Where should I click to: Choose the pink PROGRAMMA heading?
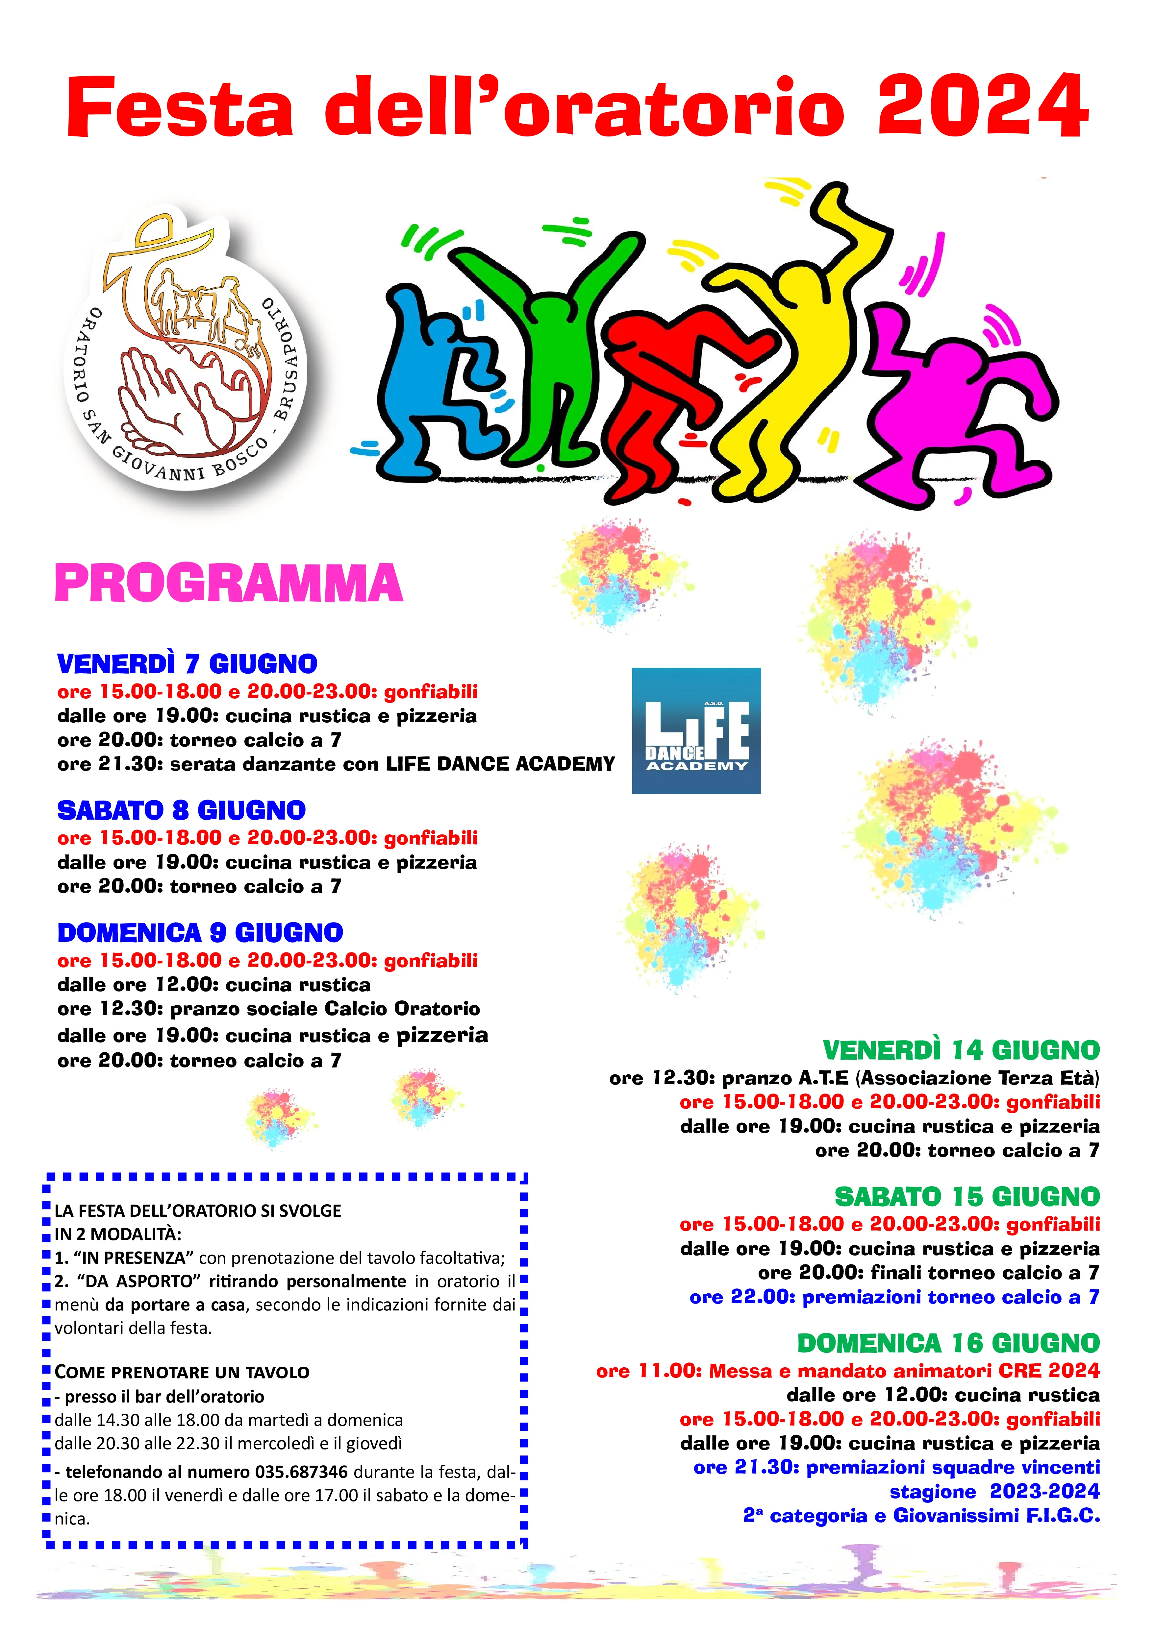coord(229,584)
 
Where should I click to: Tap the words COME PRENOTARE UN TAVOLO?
coord(182,1372)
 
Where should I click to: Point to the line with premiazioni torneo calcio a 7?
coord(894,1297)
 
